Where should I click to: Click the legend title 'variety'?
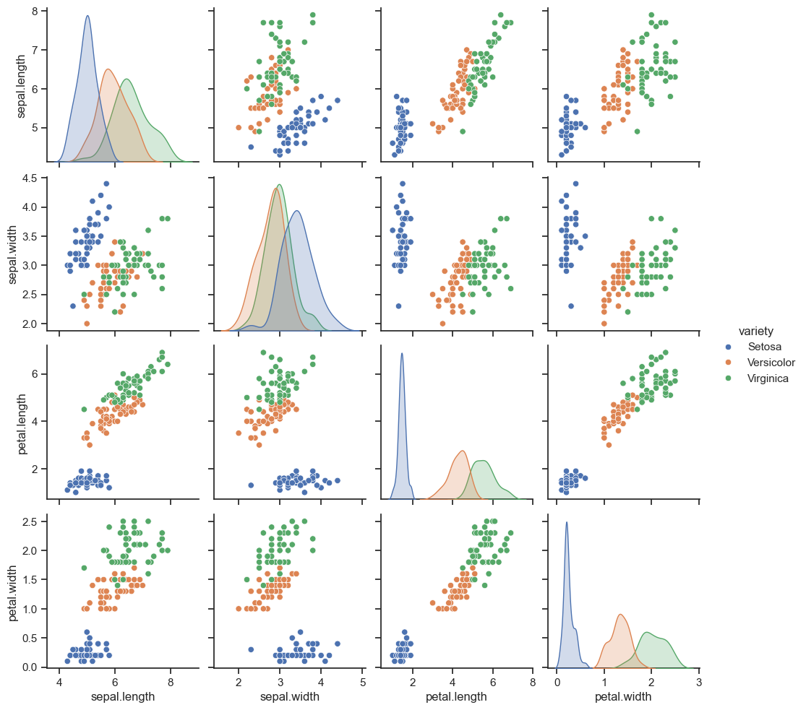click(x=757, y=331)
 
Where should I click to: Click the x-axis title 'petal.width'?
click(x=623, y=697)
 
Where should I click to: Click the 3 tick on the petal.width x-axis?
click(x=699, y=681)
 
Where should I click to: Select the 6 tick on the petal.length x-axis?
click(x=492, y=681)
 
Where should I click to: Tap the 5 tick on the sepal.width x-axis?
click(x=362, y=681)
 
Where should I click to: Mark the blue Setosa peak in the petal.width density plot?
click(x=567, y=521)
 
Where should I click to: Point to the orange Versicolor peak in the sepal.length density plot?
click(x=108, y=69)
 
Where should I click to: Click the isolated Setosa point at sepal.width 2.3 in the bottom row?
click(x=251, y=649)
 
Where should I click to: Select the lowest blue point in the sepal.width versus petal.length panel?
click(x=398, y=306)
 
